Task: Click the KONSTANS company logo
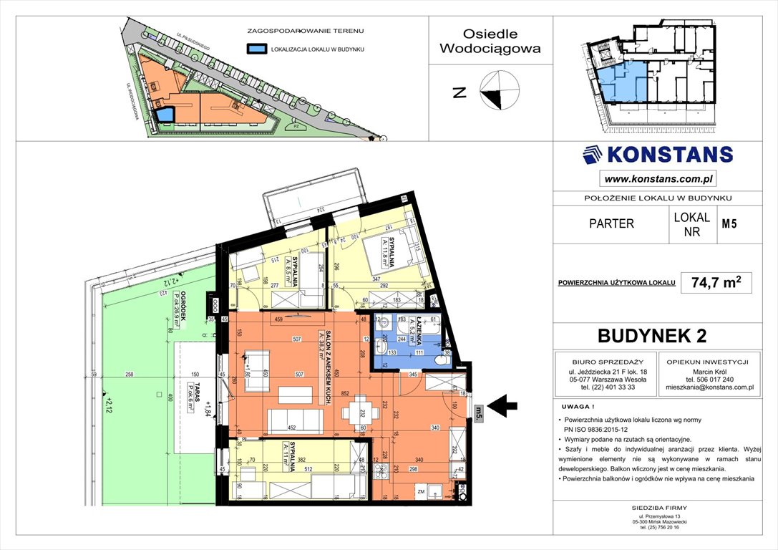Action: (x=658, y=155)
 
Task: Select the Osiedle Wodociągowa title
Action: (x=490, y=42)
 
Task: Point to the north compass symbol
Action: (x=499, y=92)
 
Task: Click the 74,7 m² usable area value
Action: (x=711, y=283)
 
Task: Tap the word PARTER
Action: (x=611, y=223)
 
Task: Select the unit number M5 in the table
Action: (x=729, y=223)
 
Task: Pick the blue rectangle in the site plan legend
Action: (x=257, y=49)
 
